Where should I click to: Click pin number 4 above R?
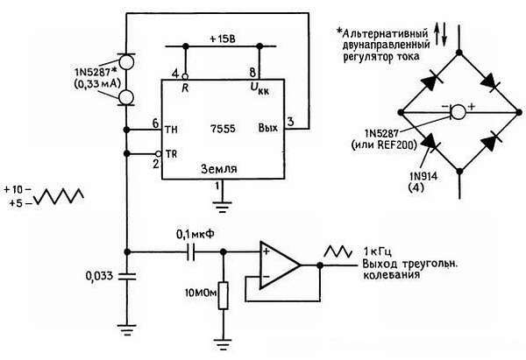[174, 73]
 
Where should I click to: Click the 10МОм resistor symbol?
[224, 295]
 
